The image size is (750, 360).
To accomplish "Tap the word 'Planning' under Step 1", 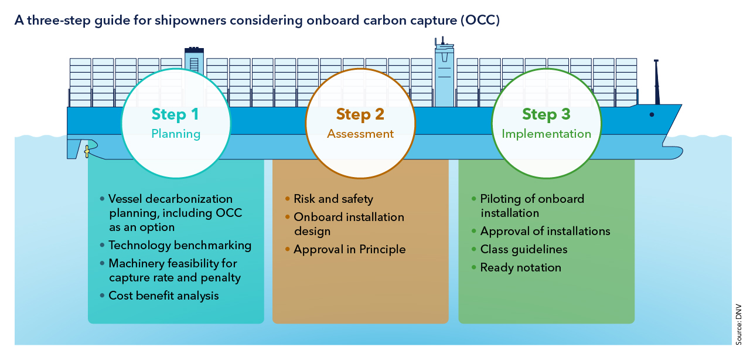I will tap(176, 134).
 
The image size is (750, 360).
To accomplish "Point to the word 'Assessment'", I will tap(360, 134).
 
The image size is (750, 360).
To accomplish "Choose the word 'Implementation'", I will tap(546, 134).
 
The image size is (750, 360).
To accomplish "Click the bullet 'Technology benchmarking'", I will tap(180, 245).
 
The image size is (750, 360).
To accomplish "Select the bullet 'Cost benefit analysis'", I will tap(163, 296).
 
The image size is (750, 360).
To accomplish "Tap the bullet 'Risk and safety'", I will tap(333, 199).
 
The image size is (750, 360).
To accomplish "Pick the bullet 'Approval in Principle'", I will tap(349, 249).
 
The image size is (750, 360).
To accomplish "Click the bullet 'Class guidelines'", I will tap(524, 249).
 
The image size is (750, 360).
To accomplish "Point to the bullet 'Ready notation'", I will tap(520, 267).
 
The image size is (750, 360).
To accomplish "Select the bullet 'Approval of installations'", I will tap(545, 231).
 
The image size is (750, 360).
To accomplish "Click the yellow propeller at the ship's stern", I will tap(87, 151).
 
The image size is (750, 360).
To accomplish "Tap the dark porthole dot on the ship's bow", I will tap(652, 115).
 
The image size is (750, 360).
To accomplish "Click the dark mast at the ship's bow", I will tap(657, 82).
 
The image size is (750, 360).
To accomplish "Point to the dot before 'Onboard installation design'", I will tap(287, 217).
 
